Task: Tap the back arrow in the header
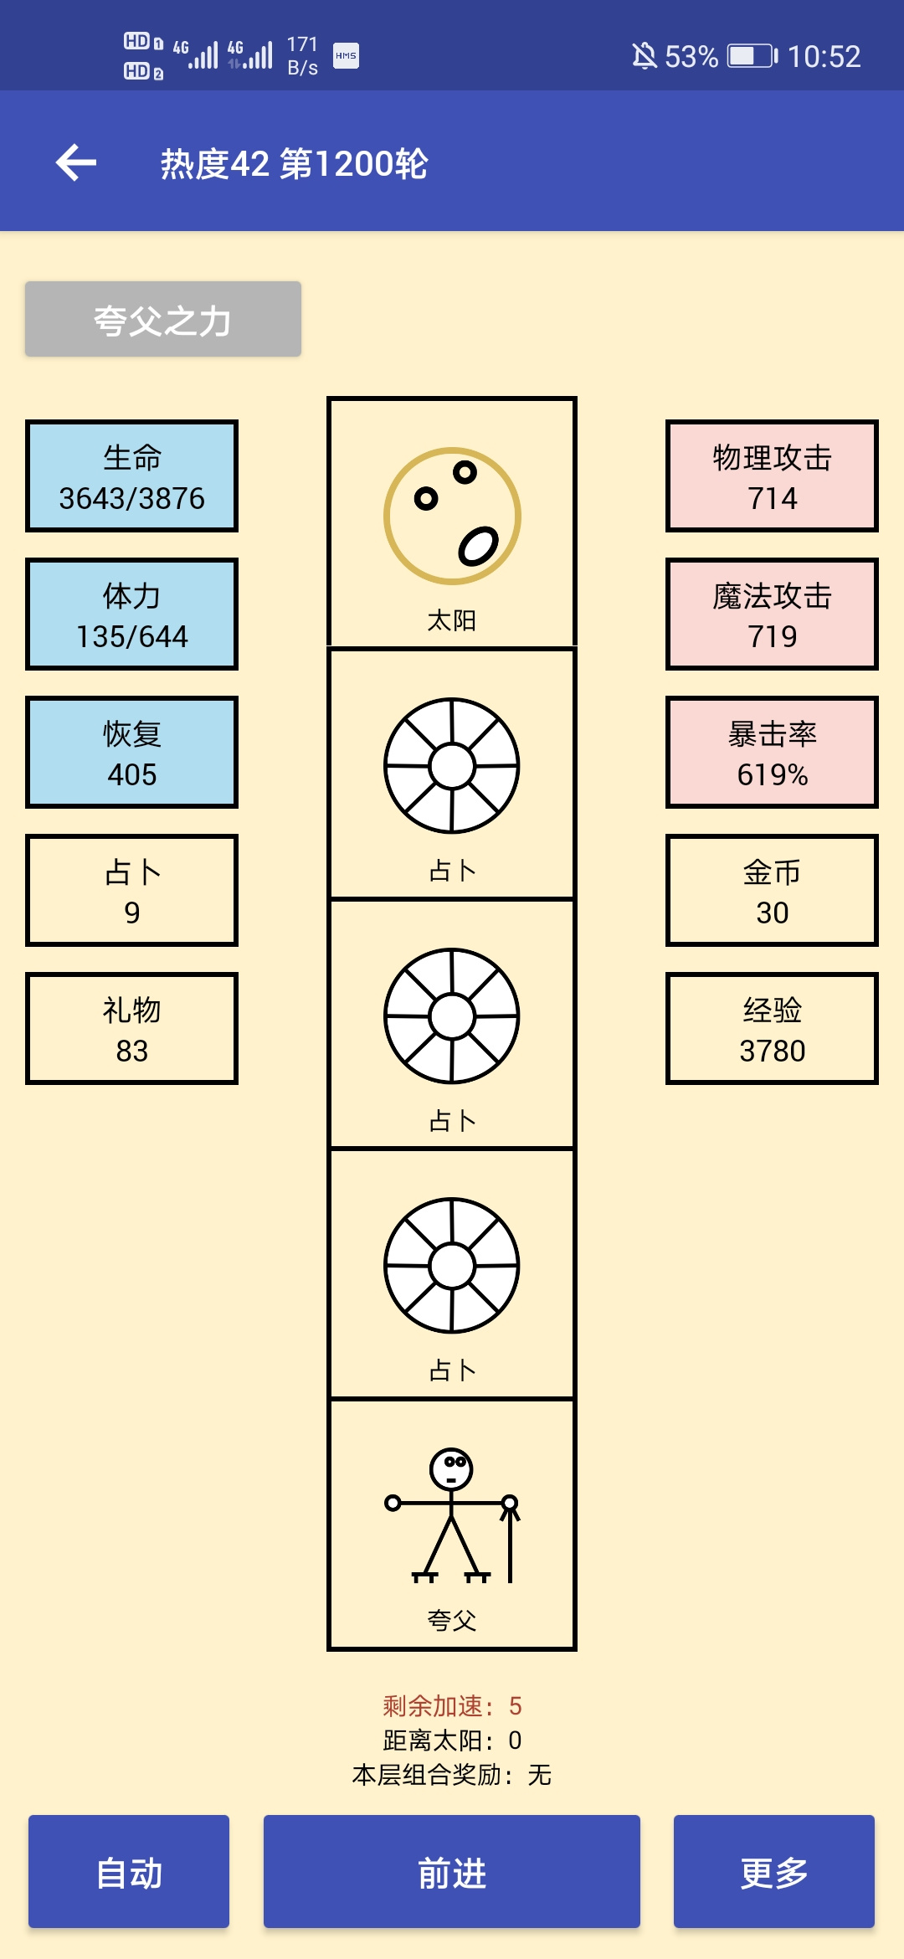point(76,162)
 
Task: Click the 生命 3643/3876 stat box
point(131,476)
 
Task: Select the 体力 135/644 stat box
point(131,614)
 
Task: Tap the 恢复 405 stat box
point(131,752)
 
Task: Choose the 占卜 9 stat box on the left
point(131,890)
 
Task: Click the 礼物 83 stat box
point(131,1028)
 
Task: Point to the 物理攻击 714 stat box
point(772,476)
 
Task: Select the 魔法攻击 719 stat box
point(772,614)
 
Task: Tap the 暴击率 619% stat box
point(772,752)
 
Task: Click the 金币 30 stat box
point(772,890)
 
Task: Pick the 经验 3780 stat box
point(772,1028)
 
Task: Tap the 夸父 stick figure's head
point(451,1468)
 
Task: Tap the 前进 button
point(452,1871)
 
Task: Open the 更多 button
point(774,1871)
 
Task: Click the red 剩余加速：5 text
point(452,1705)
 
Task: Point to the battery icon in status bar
point(752,56)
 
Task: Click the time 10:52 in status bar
point(824,56)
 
